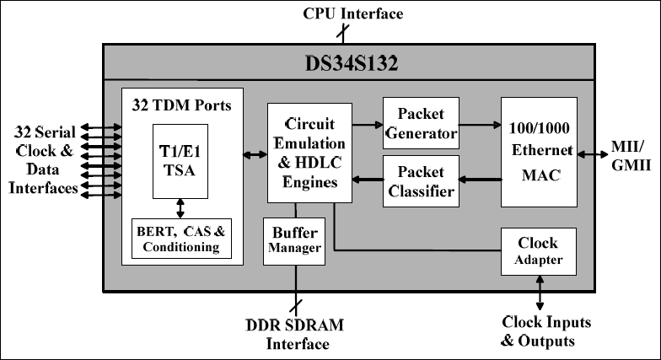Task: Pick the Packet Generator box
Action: [420, 123]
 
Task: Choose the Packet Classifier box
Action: [420, 180]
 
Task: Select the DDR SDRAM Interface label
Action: [296, 334]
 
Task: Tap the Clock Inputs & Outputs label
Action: [545, 331]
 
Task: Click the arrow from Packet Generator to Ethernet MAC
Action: [480, 123]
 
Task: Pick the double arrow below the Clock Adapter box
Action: [540, 293]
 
